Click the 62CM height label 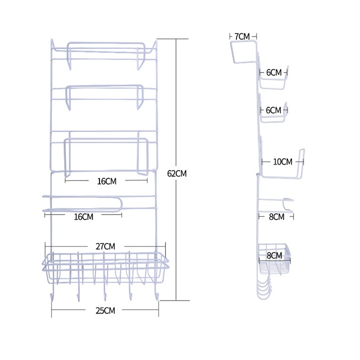tap(177, 173)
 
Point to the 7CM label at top tap(241, 36)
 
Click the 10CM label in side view tap(282, 161)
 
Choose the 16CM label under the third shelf tap(106, 181)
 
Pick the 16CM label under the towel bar tap(83, 216)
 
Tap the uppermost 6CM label tap(273, 72)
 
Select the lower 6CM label tap(273, 109)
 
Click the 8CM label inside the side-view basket tap(274, 255)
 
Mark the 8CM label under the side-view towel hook tap(275, 216)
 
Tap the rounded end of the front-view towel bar tap(120, 204)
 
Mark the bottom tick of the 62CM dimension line tap(176, 300)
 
